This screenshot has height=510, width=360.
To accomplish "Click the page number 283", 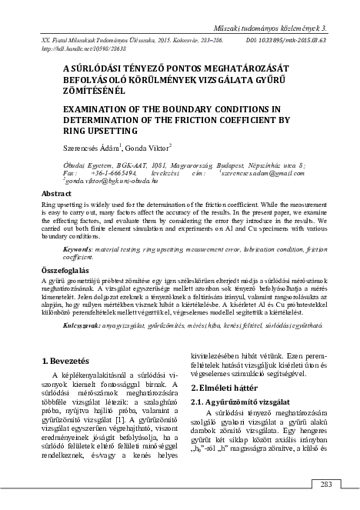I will pos(325,484).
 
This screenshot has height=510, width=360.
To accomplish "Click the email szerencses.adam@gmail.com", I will pos(268,173).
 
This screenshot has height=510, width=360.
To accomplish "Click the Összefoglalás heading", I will pos(68,270).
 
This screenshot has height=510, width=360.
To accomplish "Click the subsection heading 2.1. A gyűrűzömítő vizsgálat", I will pos(243,402).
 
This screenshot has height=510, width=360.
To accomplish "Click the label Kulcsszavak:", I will pos(81,326).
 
